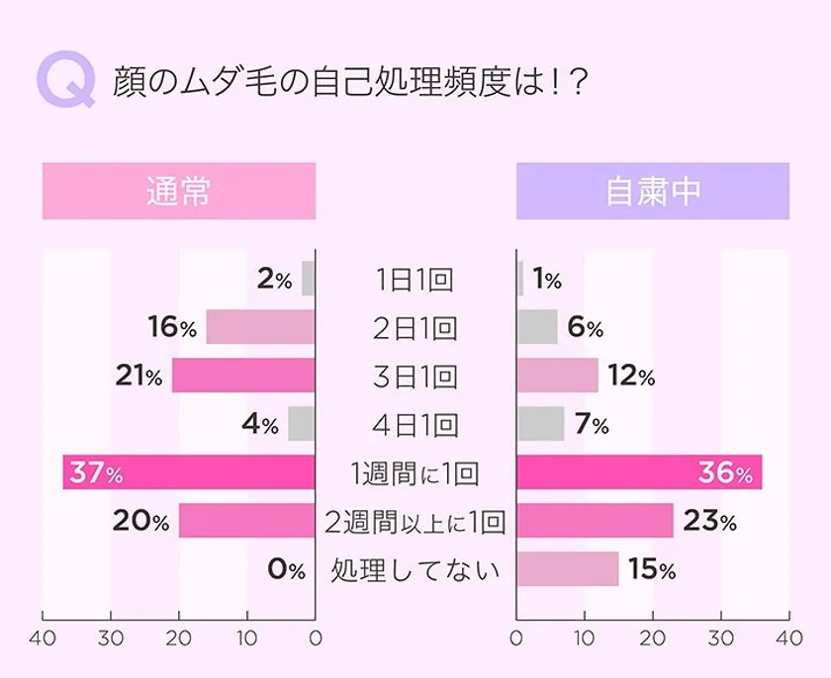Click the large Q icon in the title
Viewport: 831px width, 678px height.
(x=66, y=79)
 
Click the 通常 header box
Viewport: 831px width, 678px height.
(x=178, y=191)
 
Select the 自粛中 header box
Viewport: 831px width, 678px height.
(x=653, y=191)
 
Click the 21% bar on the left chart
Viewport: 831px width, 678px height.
(x=243, y=376)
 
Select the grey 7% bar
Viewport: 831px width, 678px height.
(x=540, y=424)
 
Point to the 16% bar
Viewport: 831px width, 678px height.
(x=260, y=327)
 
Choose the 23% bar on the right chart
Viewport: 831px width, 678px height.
(x=595, y=521)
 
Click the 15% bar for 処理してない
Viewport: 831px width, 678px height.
(x=568, y=569)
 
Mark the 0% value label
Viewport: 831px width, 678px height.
(x=287, y=570)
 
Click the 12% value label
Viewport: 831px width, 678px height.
(x=631, y=377)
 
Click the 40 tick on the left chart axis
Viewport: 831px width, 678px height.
(x=43, y=637)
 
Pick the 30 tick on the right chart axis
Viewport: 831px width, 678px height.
(x=721, y=637)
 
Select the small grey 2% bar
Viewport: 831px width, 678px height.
(x=309, y=279)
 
